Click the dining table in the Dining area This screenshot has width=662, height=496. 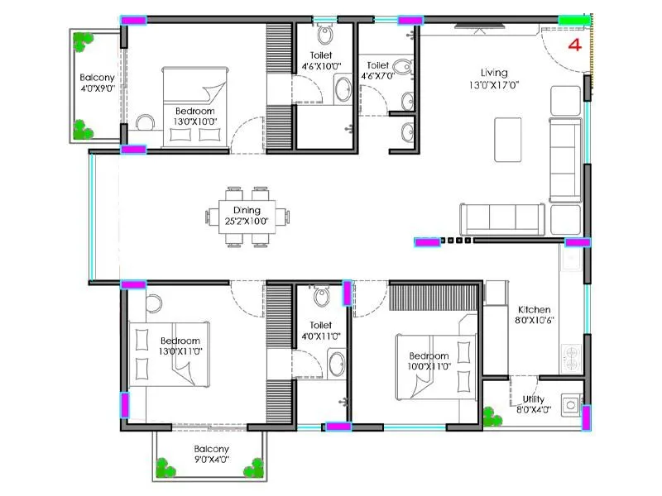coord(248,217)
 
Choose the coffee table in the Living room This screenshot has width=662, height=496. coord(507,139)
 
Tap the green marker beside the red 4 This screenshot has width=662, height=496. coord(573,20)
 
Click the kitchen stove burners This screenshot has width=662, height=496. coord(571,358)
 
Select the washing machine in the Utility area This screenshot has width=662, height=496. coord(570,405)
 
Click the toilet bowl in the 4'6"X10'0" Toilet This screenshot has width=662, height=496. coord(325,36)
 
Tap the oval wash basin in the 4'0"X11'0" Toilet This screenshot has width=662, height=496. coord(334,362)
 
